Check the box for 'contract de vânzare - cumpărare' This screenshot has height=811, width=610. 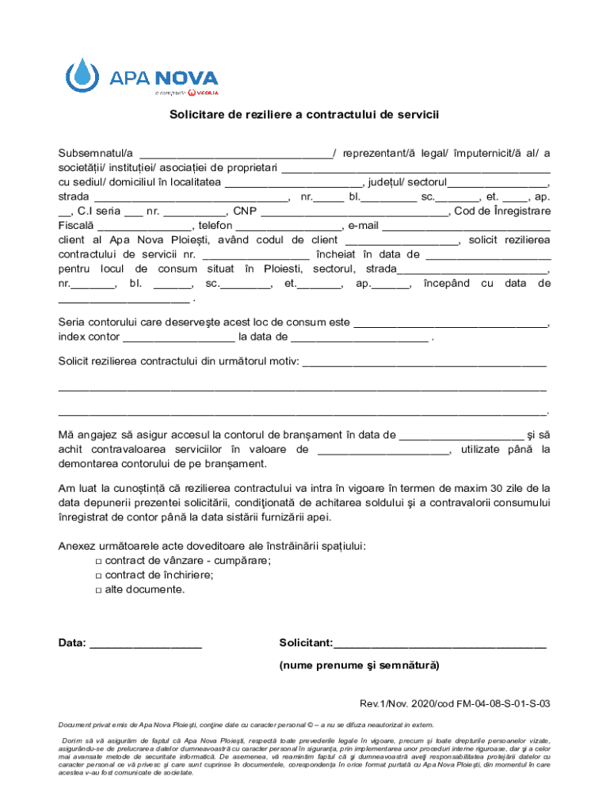[97, 561]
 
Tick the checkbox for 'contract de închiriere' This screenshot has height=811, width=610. [97, 576]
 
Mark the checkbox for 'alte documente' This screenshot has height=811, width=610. [97, 590]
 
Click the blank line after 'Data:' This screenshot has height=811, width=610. [146, 645]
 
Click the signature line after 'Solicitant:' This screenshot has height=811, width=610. [440, 645]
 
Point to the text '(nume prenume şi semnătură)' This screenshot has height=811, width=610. [359, 665]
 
